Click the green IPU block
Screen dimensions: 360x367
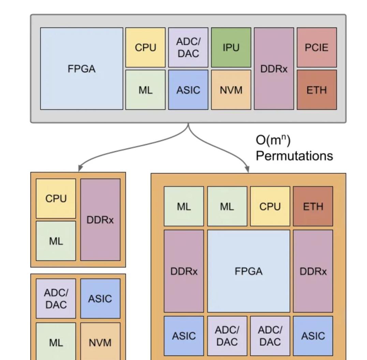231,47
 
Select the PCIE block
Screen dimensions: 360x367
317,47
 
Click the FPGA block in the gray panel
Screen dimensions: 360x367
82,69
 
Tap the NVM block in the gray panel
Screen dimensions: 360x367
231,90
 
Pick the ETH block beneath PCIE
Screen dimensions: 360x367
317,90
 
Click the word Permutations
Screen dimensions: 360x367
294,156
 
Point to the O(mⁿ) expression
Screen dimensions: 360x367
273,140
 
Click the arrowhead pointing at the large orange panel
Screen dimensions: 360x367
247,169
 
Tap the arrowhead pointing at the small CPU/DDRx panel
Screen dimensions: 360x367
80,168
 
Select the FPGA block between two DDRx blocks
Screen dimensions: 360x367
249,271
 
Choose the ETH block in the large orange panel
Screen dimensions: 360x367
313,206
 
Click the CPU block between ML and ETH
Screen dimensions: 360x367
270,206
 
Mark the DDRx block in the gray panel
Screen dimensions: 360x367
274,69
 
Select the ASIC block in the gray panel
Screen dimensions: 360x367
188,90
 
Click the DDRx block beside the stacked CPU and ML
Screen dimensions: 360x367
100,220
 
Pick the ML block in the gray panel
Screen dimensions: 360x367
145,90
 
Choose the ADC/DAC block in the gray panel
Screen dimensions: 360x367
188,47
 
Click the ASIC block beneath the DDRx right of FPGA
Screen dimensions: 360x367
313,336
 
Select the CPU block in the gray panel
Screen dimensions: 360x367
145,47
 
